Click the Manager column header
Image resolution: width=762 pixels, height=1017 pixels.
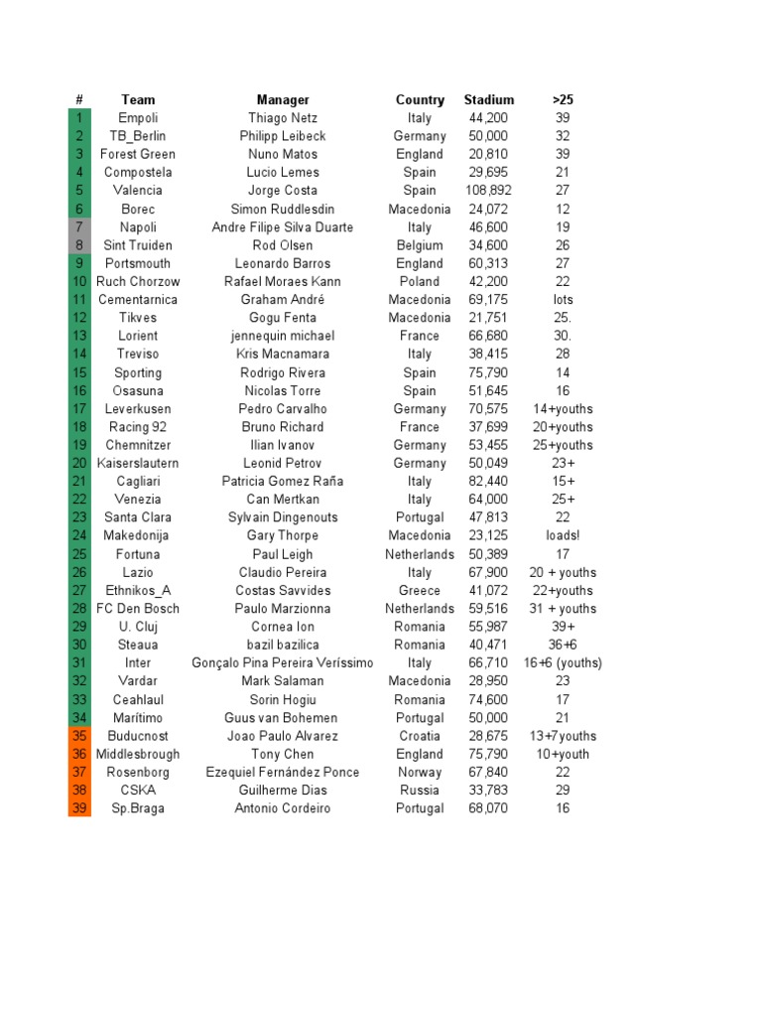coord(283,99)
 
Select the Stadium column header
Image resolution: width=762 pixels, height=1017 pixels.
coord(488,99)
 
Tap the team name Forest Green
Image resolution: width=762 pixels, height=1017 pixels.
coord(138,154)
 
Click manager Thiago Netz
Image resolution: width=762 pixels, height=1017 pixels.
coord(283,118)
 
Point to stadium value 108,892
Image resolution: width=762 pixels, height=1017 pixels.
coord(488,191)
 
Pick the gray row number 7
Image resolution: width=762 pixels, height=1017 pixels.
coord(79,227)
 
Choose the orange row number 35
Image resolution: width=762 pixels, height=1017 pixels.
coord(79,736)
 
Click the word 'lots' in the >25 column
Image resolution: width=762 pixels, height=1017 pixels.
coord(563,300)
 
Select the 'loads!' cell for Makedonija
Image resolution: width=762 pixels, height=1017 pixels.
coord(563,536)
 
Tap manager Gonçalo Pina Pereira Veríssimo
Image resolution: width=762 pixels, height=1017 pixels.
coord(283,663)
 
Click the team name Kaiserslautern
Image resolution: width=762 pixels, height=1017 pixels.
coord(138,464)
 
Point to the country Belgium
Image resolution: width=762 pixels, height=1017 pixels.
coord(420,245)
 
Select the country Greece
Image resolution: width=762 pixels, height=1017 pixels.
coord(420,591)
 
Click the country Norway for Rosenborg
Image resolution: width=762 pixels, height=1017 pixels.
coord(420,773)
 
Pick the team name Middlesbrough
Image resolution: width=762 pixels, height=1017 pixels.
coord(138,755)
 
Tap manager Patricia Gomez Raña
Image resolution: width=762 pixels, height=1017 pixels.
coord(283,482)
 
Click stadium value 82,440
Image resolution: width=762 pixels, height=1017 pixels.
coord(488,482)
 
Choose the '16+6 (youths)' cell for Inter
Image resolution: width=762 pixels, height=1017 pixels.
coord(563,663)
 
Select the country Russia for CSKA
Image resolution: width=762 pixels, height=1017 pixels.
coord(420,791)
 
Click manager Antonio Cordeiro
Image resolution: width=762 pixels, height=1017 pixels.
coord(283,808)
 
